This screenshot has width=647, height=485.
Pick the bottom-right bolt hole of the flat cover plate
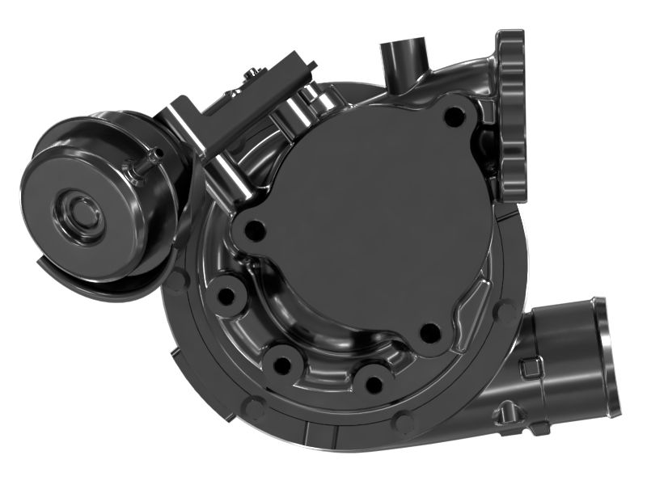(430, 331)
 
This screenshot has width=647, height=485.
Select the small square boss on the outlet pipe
(529, 369)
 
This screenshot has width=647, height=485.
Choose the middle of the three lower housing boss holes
(281, 365)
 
